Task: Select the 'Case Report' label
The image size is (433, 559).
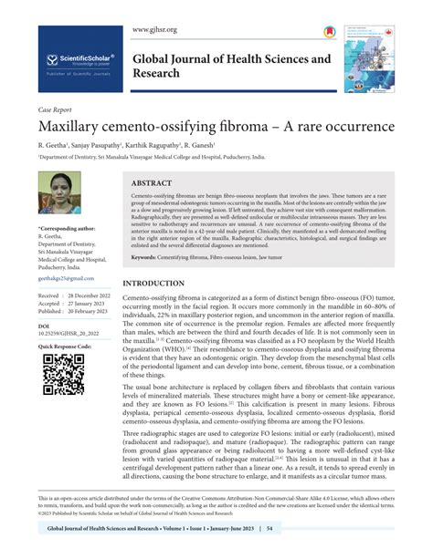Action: (57, 109)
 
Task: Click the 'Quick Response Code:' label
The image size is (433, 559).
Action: (67, 347)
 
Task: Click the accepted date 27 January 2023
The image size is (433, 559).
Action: (88, 304)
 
